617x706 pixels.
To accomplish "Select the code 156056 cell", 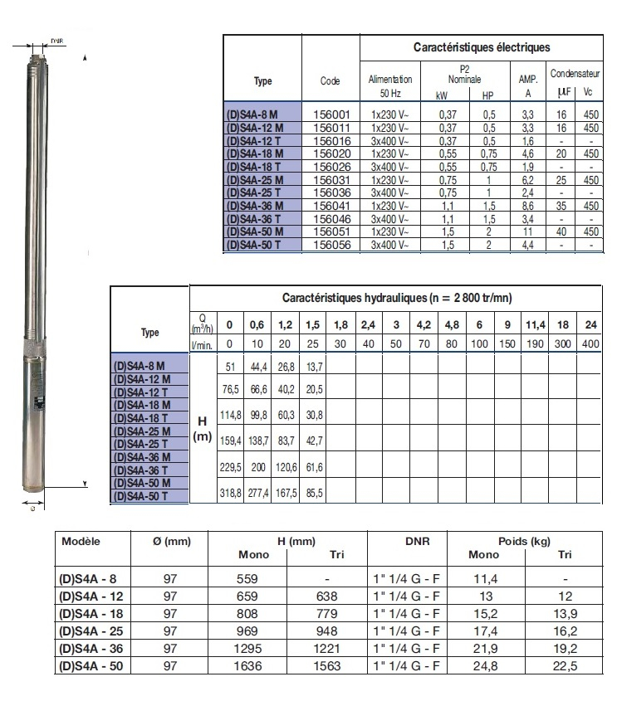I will tap(331, 246).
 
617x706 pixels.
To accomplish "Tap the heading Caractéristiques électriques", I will tap(482, 48).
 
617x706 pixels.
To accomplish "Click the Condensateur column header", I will tap(575, 72).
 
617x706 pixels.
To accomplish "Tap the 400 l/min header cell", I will tap(591, 344).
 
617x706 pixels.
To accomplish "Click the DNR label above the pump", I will tap(56, 40).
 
